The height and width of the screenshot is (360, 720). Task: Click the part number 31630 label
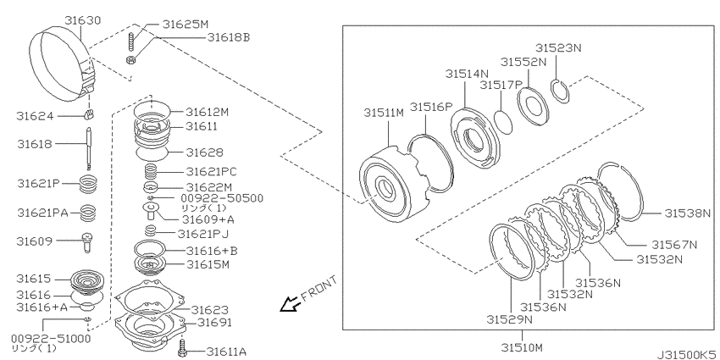click(83, 20)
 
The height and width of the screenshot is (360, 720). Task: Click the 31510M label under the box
click(522, 346)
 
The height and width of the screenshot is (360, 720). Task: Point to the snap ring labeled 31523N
click(560, 89)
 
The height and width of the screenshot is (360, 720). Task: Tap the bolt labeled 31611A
click(182, 346)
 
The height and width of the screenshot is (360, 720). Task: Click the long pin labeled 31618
click(88, 149)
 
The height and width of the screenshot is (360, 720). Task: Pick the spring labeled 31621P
click(89, 185)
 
